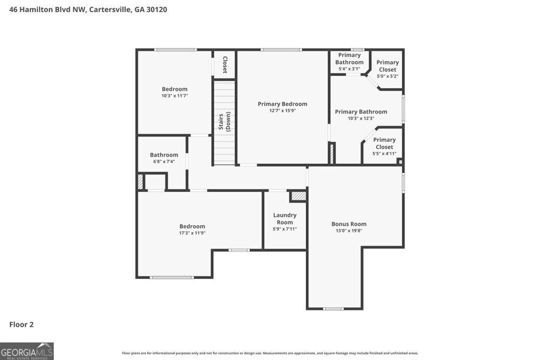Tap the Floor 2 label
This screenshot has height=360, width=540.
[22, 325]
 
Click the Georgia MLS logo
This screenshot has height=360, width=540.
[27, 351]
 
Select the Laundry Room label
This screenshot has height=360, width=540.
[285, 218]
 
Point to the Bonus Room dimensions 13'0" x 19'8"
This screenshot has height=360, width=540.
[349, 231]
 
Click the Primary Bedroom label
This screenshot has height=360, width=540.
[282, 104]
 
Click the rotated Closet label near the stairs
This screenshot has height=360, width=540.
[225, 64]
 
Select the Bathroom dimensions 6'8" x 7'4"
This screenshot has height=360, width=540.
[163, 162]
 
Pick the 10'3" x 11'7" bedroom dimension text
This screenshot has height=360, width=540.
[175, 96]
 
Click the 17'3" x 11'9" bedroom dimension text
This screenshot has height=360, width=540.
[192, 233]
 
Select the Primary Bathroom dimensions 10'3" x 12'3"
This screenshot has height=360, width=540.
[361, 119]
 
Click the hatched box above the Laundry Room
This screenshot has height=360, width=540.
[299, 196]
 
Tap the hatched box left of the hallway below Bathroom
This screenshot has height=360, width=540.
[140, 182]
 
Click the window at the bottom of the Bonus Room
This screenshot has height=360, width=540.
[333, 309]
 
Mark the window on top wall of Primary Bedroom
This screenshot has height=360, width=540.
[281, 50]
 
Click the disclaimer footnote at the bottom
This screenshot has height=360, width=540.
[270, 353]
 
